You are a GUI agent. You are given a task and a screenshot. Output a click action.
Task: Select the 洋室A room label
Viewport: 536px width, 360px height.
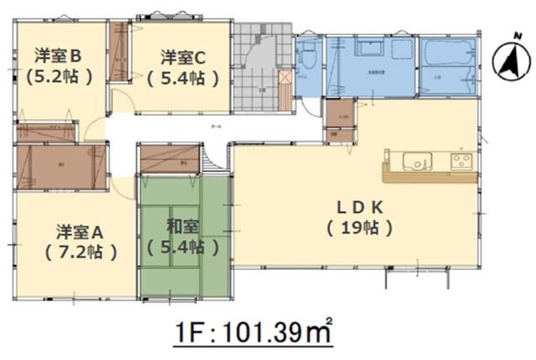80,229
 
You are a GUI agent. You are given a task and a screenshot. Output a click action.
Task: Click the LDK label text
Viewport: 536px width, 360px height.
360,206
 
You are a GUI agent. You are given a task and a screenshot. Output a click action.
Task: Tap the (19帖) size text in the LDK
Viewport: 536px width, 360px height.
360,227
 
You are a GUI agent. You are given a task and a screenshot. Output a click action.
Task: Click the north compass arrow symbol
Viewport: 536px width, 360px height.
505,60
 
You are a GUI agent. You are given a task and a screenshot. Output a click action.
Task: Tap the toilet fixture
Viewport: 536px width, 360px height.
308,57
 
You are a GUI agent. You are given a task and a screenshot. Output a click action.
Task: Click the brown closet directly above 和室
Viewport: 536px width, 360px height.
172,160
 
